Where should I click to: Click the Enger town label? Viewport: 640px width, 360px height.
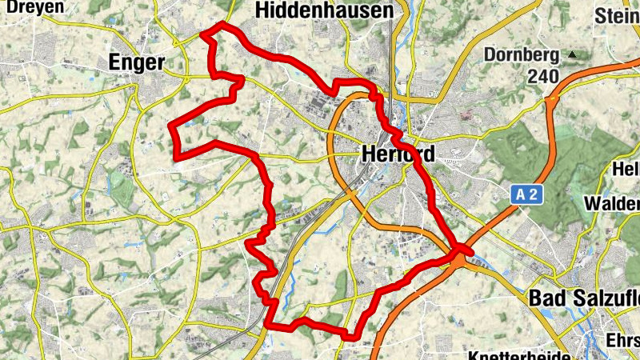coord(136,62)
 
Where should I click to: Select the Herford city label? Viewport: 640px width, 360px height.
coord(398,153)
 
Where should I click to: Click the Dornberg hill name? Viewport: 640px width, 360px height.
coord(521,56)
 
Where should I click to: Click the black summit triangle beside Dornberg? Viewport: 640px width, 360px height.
coord(572,55)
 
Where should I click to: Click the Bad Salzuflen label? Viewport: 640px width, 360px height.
coord(583,298)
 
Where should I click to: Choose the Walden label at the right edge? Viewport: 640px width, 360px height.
coord(613,202)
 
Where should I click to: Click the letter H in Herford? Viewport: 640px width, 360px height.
coord(369,153)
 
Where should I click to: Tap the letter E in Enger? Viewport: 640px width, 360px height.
coord(114,62)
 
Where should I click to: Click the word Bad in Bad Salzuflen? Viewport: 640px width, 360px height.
coord(547,298)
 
